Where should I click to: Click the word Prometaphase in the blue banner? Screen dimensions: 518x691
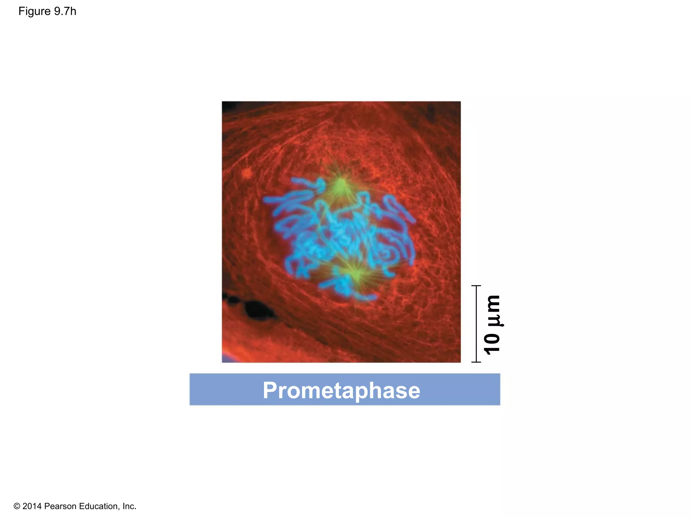(x=341, y=390)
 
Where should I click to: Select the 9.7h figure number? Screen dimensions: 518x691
(x=65, y=11)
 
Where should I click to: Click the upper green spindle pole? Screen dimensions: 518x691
(x=341, y=185)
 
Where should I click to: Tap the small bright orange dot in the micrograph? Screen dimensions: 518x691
(x=247, y=173)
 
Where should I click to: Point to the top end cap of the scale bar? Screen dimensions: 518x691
(x=476, y=286)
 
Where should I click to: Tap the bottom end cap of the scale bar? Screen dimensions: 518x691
(x=476, y=362)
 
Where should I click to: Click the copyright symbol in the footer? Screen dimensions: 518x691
(x=17, y=506)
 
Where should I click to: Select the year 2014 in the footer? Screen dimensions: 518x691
(x=32, y=506)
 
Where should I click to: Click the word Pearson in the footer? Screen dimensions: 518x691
(x=61, y=506)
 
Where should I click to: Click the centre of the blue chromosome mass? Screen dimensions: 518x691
(x=341, y=236)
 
